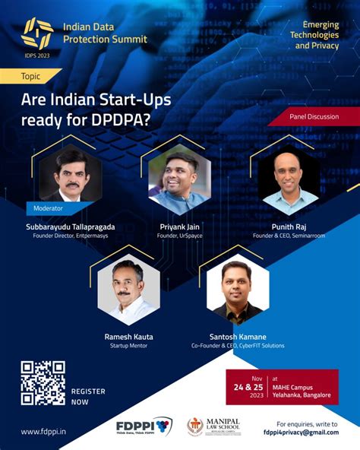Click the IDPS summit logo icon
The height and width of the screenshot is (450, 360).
coord(36,31)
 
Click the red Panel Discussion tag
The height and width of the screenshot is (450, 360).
coord(314,117)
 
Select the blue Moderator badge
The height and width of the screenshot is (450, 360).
coord(51,207)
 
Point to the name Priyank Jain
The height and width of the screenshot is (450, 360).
coord(180,227)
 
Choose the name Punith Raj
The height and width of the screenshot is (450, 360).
coord(288,227)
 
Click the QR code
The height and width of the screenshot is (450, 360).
coord(43,383)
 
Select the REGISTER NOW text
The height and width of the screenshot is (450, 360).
coord(88,395)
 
